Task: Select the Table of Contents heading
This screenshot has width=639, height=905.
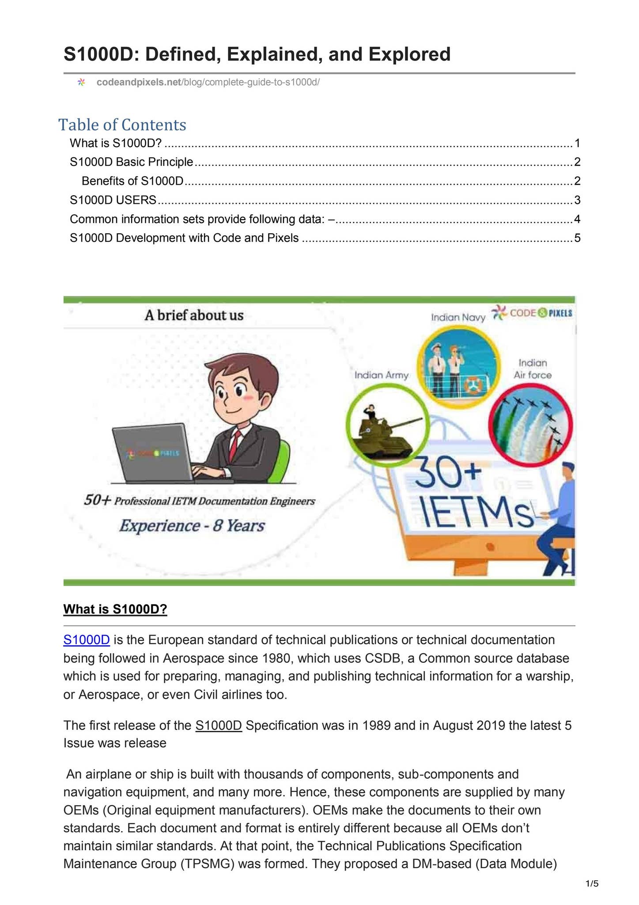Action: click(122, 125)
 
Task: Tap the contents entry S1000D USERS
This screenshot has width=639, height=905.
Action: click(113, 200)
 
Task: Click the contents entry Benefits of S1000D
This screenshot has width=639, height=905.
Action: click(132, 181)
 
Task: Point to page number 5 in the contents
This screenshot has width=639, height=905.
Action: click(577, 238)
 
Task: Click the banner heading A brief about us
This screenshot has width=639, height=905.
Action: click(194, 316)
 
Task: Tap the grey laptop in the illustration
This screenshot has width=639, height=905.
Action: click(152, 452)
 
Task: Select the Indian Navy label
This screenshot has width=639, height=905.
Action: click(458, 317)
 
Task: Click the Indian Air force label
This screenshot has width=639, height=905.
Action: click(533, 369)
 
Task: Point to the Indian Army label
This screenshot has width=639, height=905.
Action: click(382, 375)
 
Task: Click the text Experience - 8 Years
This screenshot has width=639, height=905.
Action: click(192, 526)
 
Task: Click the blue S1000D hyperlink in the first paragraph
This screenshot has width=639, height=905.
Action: click(87, 640)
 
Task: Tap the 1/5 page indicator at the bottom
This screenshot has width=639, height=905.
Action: click(592, 884)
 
